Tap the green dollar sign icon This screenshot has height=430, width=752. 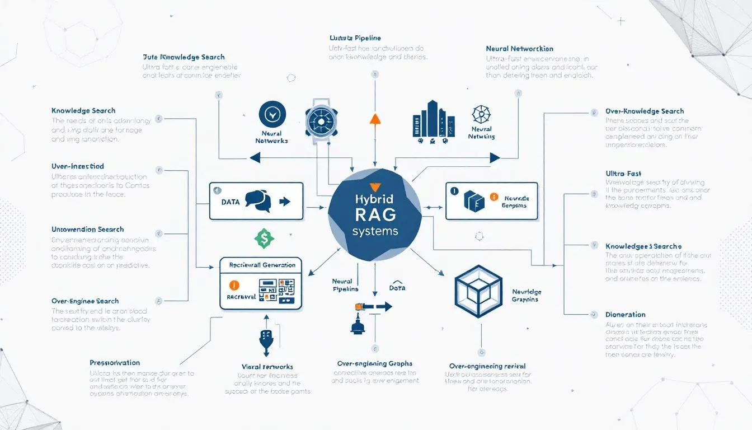click(x=264, y=238)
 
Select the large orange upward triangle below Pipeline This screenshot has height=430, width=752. click(x=375, y=118)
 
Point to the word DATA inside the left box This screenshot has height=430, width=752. click(x=231, y=202)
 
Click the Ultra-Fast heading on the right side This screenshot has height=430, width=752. click(x=623, y=174)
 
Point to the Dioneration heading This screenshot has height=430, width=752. click(x=625, y=315)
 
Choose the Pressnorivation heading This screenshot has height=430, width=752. click(x=115, y=363)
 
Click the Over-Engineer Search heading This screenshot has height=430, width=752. click(x=85, y=301)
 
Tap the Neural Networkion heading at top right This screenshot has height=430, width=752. click(x=519, y=49)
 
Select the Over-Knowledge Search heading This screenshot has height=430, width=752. click(x=644, y=111)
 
